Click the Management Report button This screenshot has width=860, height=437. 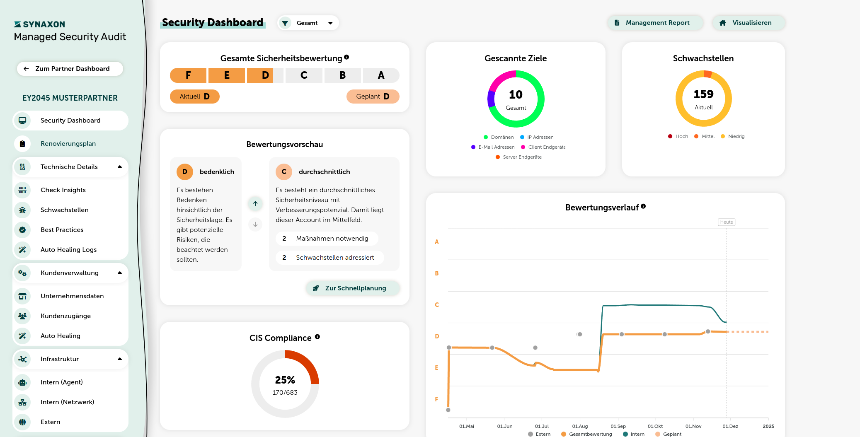tap(655, 23)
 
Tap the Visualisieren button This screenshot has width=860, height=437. tap(749, 23)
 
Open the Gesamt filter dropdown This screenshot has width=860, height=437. tap(308, 23)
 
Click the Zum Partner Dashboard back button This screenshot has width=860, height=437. tap(70, 69)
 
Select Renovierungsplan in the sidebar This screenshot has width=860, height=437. tap(68, 144)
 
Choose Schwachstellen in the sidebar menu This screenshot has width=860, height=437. tap(65, 210)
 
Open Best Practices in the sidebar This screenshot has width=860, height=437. tap(62, 230)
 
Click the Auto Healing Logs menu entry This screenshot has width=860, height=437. tap(69, 250)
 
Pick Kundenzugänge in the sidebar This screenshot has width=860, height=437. tap(65, 316)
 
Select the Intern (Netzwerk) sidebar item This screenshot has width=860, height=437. tap(67, 402)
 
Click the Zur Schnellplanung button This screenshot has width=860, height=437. tap(353, 288)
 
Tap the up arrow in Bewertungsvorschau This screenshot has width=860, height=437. tap(255, 203)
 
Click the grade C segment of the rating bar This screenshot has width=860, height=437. tap(304, 75)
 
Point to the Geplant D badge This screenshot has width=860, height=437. tap(373, 97)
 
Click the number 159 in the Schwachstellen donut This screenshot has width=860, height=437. tap(704, 94)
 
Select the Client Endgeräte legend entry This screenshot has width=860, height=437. tap(543, 147)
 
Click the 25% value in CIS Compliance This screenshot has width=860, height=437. tap(285, 380)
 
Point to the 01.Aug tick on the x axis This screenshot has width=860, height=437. tap(580, 426)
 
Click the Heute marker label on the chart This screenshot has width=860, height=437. tap(727, 222)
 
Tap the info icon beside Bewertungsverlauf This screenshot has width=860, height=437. tap(643, 206)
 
